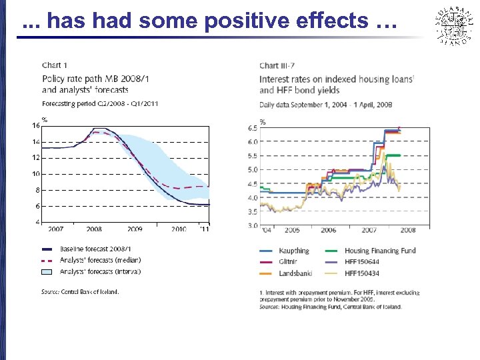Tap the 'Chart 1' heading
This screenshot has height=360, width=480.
[x=55, y=65]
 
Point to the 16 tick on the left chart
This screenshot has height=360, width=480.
[x=35, y=125]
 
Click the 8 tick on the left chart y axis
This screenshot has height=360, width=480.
[x=37, y=190]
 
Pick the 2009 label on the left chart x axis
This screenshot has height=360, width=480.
[x=135, y=229]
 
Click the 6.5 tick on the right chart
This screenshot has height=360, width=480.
[x=253, y=128]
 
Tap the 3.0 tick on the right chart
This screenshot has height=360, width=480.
[x=253, y=226]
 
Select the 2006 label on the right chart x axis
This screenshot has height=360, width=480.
[x=328, y=230]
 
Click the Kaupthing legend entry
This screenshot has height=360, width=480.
[x=293, y=251]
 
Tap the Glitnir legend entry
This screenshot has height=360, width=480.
[x=289, y=262]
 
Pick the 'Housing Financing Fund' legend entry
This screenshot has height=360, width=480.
[x=380, y=251]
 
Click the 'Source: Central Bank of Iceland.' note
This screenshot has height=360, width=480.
[x=80, y=292]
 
